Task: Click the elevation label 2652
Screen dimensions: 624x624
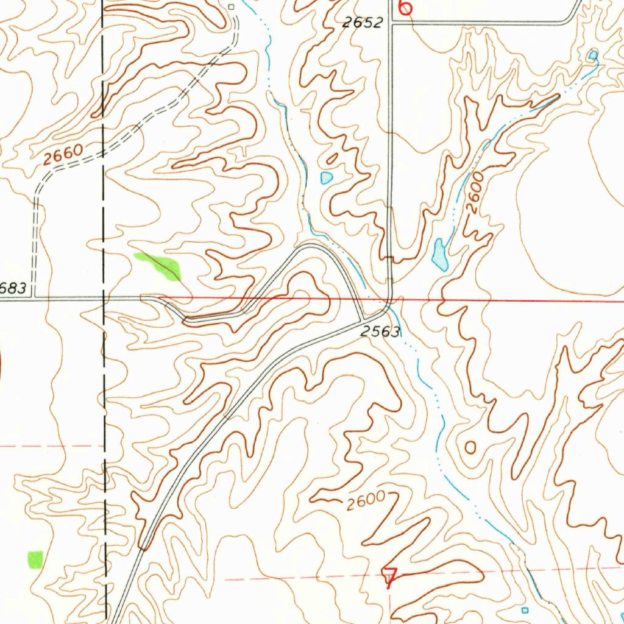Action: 362,23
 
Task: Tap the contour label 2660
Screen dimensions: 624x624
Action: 63,156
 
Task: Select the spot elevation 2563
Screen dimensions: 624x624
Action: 380,332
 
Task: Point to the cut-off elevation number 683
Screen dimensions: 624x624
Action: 13,288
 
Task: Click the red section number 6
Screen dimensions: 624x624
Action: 405,7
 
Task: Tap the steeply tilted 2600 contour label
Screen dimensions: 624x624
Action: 475,192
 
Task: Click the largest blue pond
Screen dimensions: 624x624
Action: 439,254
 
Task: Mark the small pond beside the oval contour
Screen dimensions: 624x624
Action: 327,177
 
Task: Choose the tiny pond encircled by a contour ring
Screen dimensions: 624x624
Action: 592,56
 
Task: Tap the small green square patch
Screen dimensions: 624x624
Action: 36,559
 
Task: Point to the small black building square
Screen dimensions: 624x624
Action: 231,7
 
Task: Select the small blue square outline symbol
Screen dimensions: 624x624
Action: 525,610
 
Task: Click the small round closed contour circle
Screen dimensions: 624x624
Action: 470,448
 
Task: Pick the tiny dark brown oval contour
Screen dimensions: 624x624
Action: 331,160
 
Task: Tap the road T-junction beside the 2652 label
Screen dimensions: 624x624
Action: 391,23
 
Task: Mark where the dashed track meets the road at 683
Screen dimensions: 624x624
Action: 34,298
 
